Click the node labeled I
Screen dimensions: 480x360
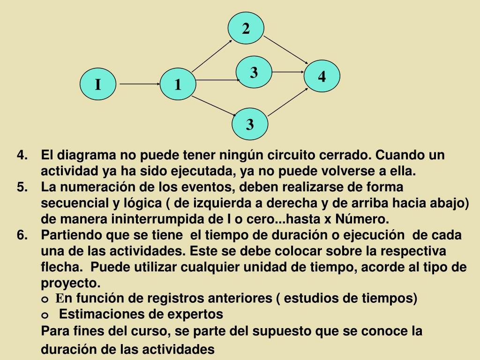click(97, 84)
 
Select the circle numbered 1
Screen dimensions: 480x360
click(178, 85)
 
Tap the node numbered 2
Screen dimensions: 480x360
click(246, 29)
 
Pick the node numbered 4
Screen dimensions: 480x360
click(322, 76)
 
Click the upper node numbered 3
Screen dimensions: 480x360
click(254, 73)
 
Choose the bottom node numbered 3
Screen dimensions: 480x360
click(250, 124)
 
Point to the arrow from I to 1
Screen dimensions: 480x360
click(140, 85)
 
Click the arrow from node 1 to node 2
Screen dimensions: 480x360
click(212, 55)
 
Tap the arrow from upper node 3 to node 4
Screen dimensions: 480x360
click(288, 72)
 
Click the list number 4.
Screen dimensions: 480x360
click(22, 155)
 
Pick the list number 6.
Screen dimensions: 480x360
click(22, 235)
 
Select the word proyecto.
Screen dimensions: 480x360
click(71, 284)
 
